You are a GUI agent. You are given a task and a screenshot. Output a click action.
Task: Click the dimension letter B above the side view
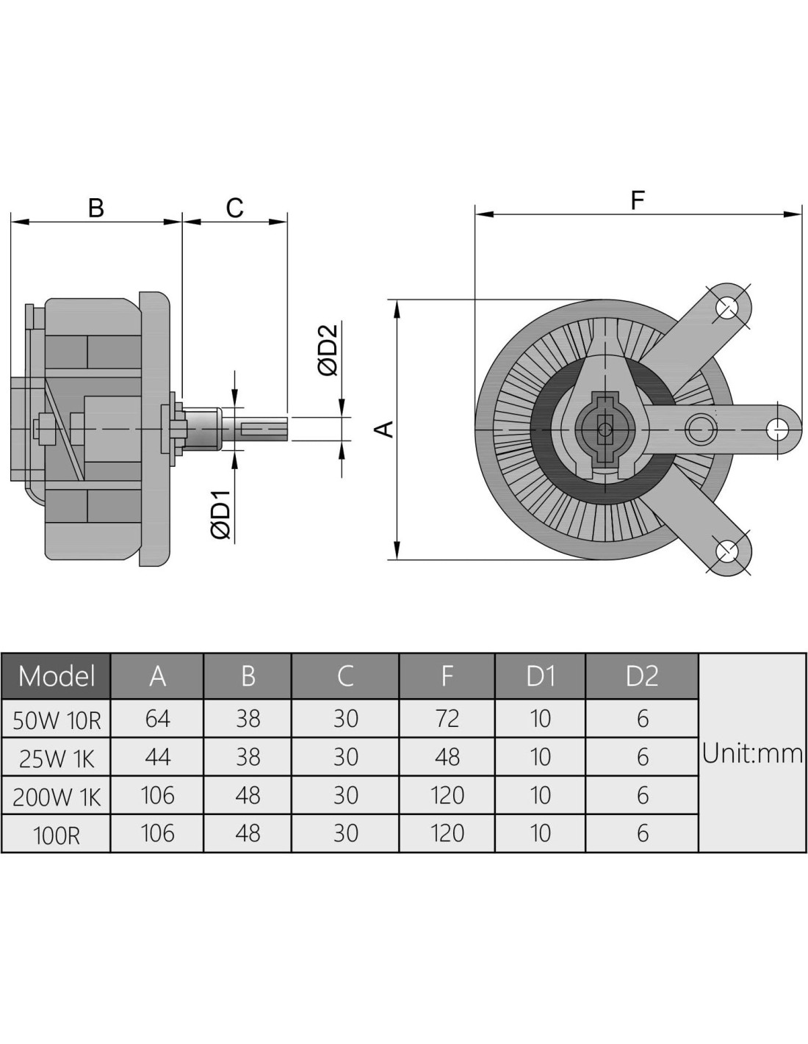[95, 208]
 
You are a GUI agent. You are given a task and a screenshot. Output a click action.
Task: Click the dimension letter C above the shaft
[234, 208]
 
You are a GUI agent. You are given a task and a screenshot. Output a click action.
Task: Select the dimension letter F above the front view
[638, 200]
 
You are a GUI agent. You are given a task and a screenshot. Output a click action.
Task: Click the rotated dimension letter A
[385, 429]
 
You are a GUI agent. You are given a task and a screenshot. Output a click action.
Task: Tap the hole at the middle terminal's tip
[777, 428]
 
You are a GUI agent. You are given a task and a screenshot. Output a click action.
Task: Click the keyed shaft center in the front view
[604, 429]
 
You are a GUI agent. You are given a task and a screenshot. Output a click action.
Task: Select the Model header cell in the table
[57, 675]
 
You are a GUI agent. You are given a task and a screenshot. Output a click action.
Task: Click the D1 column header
[540, 675]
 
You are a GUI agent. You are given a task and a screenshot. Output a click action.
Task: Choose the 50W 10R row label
[57, 719]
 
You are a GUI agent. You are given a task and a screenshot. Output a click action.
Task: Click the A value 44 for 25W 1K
[157, 756]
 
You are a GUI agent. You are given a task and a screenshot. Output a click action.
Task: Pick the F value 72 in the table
[447, 718]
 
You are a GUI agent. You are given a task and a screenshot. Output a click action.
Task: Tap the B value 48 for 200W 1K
[248, 794]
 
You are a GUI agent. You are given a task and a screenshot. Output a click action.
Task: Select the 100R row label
[57, 835]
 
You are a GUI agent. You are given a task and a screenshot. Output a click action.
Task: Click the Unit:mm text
[752, 753]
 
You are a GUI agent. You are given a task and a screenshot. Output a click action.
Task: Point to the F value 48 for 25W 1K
[447, 756]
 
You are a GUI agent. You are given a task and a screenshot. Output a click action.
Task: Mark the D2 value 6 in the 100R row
[643, 833]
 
